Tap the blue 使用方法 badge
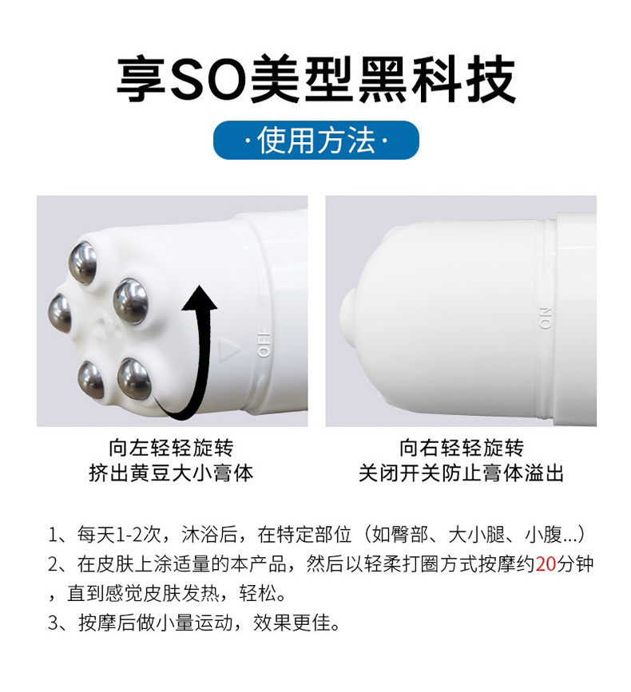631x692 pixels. pyautogui.click(x=315, y=141)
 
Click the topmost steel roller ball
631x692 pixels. pyautogui.click(x=82, y=263)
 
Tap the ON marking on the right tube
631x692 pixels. pyautogui.click(x=546, y=317)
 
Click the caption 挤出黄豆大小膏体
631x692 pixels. pyautogui.click(x=171, y=473)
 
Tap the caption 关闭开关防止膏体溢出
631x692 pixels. pyautogui.click(x=461, y=473)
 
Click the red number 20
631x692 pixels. pyautogui.click(x=546, y=564)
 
